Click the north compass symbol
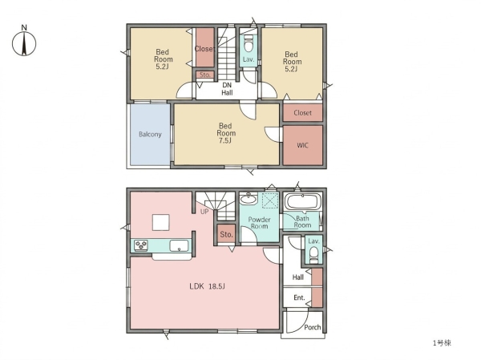click(x=24, y=41)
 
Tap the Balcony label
click(x=150, y=134)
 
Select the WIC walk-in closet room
click(x=302, y=145)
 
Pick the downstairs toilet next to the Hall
click(x=313, y=254)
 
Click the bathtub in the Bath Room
click(x=303, y=201)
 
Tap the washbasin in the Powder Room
click(x=249, y=199)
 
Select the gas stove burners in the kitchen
click(x=141, y=245)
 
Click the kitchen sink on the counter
click(x=179, y=246)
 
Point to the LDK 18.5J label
click(x=207, y=287)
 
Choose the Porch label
click(x=313, y=327)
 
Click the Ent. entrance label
click(x=299, y=297)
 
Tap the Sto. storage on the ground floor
click(x=226, y=234)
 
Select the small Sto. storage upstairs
click(x=205, y=75)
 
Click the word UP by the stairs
click(x=204, y=212)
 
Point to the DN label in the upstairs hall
click(x=227, y=85)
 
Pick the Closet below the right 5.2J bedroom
click(x=302, y=112)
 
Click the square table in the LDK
click(x=161, y=222)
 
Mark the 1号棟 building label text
click(x=442, y=343)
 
